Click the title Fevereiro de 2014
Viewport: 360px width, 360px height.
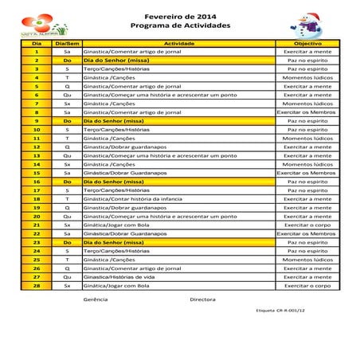coord(179,17)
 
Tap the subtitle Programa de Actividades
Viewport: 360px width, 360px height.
coord(179,26)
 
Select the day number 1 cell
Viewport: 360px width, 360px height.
coord(36,51)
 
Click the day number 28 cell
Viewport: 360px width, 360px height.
coord(36,285)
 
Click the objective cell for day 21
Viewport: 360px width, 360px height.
coord(307,225)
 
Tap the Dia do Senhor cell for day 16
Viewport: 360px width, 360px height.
coord(116,182)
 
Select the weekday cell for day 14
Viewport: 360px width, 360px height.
coord(67,164)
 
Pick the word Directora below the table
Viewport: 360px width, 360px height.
coord(202,299)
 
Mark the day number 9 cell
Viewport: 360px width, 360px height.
coord(36,120)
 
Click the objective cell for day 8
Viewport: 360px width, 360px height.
coord(307,112)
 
